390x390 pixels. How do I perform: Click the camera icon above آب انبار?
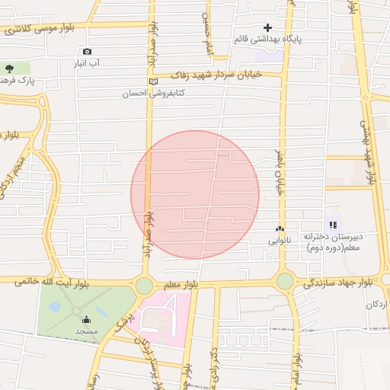click(87, 52)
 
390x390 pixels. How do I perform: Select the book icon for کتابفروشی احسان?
click(153, 82)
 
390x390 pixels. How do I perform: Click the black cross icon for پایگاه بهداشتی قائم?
click(267, 27)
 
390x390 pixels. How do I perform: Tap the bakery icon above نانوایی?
click(280, 229)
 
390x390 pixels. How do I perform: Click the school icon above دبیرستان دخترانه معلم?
click(332, 224)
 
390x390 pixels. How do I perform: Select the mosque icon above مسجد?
click(85, 320)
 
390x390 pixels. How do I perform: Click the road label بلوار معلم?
click(181, 284)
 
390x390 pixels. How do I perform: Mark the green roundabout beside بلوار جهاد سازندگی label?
click(285, 281)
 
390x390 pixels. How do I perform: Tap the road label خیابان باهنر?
click(279, 171)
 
